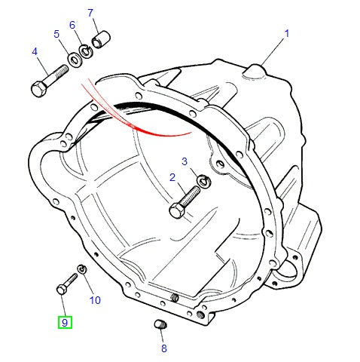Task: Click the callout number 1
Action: point(287,34)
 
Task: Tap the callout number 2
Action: point(172,177)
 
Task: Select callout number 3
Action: point(185,161)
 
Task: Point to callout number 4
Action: point(35,51)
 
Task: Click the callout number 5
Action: point(56,34)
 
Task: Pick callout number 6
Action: point(72,25)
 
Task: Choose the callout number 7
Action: point(90,13)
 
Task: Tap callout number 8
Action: point(164,348)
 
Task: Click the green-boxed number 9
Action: point(65,322)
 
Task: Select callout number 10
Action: point(95,300)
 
